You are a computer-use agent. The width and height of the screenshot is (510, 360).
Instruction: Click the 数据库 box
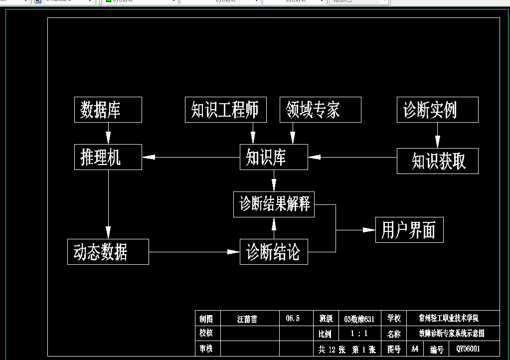pyautogui.click(x=108, y=110)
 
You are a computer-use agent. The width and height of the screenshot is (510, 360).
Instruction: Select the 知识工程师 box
pyautogui.click(x=225, y=110)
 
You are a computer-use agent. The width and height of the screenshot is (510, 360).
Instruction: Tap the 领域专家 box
pyautogui.click(x=320, y=110)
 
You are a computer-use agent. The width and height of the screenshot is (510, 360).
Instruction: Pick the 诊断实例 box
pyautogui.click(x=437, y=110)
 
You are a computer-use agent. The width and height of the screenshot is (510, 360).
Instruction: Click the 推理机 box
pyautogui.click(x=108, y=157)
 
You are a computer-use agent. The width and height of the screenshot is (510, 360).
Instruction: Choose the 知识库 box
pyautogui.click(x=274, y=157)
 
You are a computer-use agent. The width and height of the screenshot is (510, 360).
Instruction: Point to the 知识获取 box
pyautogui.click(x=437, y=161)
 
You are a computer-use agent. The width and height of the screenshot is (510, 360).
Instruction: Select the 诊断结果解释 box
pyautogui.click(x=274, y=204)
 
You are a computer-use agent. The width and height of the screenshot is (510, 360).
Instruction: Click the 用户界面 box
pyautogui.click(x=409, y=230)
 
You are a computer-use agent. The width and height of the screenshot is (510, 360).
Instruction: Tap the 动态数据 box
pyautogui.click(x=108, y=252)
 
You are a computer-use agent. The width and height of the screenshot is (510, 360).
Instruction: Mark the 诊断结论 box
pyautogui.click(x=274, y=252)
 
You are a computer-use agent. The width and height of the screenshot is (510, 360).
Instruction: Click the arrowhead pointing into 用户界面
pyautogui.click(x=369, y=230)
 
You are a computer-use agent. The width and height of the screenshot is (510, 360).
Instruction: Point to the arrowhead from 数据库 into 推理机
pyautogui.click(x=108, y=139)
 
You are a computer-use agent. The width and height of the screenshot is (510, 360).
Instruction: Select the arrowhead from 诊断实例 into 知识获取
pyautogui.click(x=437, y=143)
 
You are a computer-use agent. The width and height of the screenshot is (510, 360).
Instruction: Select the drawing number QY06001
pyautogui.click(x=465, y=349)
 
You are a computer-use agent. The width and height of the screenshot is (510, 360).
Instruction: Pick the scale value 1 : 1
pyautogui.click(x=359, y=334)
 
